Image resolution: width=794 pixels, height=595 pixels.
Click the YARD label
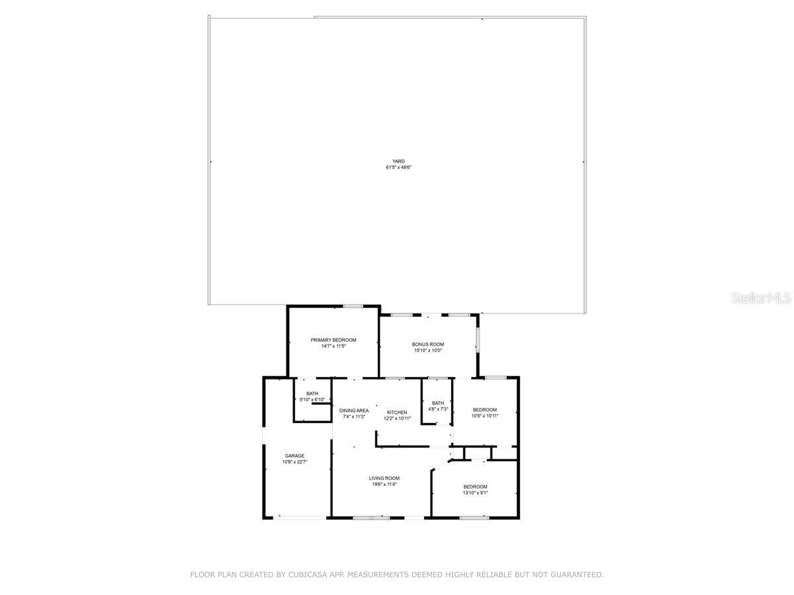click(x=398, y=161)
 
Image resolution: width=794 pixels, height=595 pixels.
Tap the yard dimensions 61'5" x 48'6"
click(x=398, y=168)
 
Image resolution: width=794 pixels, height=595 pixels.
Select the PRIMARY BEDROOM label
click(x=333, y=340)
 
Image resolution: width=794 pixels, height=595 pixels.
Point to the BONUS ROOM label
click(x=428, y=344)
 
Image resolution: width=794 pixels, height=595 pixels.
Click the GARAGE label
click(x=295, y=456)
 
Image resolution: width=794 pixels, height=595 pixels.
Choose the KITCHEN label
click(x=398, y=413)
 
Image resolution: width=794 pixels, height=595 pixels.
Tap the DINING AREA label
click(x=355, y=411)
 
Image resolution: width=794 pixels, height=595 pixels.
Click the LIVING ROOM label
click(x=384, y=478)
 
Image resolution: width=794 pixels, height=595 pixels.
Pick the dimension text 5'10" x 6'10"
click(x=312, y=400)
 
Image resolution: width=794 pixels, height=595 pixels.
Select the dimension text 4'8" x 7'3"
click(x=438, y=409)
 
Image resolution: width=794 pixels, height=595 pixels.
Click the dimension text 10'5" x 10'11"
click(x=485, y=416)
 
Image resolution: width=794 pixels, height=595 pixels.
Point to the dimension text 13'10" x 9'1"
click(x=475, y=493)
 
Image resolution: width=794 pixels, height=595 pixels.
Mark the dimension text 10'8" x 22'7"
click(x=295, y=462)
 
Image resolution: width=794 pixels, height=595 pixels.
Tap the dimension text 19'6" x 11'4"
click(x=384, y=485)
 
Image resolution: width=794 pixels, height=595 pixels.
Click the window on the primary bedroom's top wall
click(x=353, y=306)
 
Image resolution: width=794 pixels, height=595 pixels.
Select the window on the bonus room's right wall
click(x=477, y=337)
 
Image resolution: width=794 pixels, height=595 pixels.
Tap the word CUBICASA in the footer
click(x=309, y=575)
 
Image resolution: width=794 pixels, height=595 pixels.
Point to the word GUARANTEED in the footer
click(x=576, y=575)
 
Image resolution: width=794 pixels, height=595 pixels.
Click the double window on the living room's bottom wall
click(x=371, y=518)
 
